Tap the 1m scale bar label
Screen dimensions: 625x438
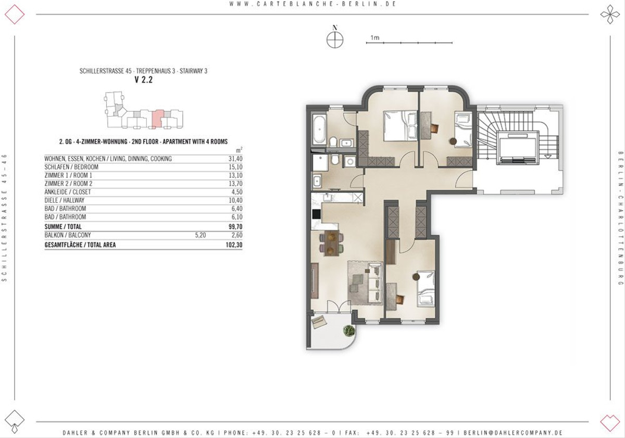click(375, 37)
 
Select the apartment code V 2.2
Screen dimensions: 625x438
click(143, 80)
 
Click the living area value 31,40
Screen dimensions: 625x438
click(235, 159)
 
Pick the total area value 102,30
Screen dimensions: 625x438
click(234, 245)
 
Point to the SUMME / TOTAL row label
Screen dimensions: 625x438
click(63, 226)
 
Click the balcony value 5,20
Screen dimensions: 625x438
click(201, 235)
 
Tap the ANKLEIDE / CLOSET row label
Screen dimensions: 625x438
click(68, 192)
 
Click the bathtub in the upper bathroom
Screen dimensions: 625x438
click(319, 129)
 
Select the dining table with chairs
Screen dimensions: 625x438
click(331, 243)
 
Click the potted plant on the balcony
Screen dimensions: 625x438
click(349, 331)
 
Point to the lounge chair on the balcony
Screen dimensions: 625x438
click(319, 322)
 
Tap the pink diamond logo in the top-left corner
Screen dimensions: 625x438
click(15, 14)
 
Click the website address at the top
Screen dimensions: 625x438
click(313, 4)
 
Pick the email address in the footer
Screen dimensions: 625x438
click(513, 433)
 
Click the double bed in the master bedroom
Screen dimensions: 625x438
click(400, 126)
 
